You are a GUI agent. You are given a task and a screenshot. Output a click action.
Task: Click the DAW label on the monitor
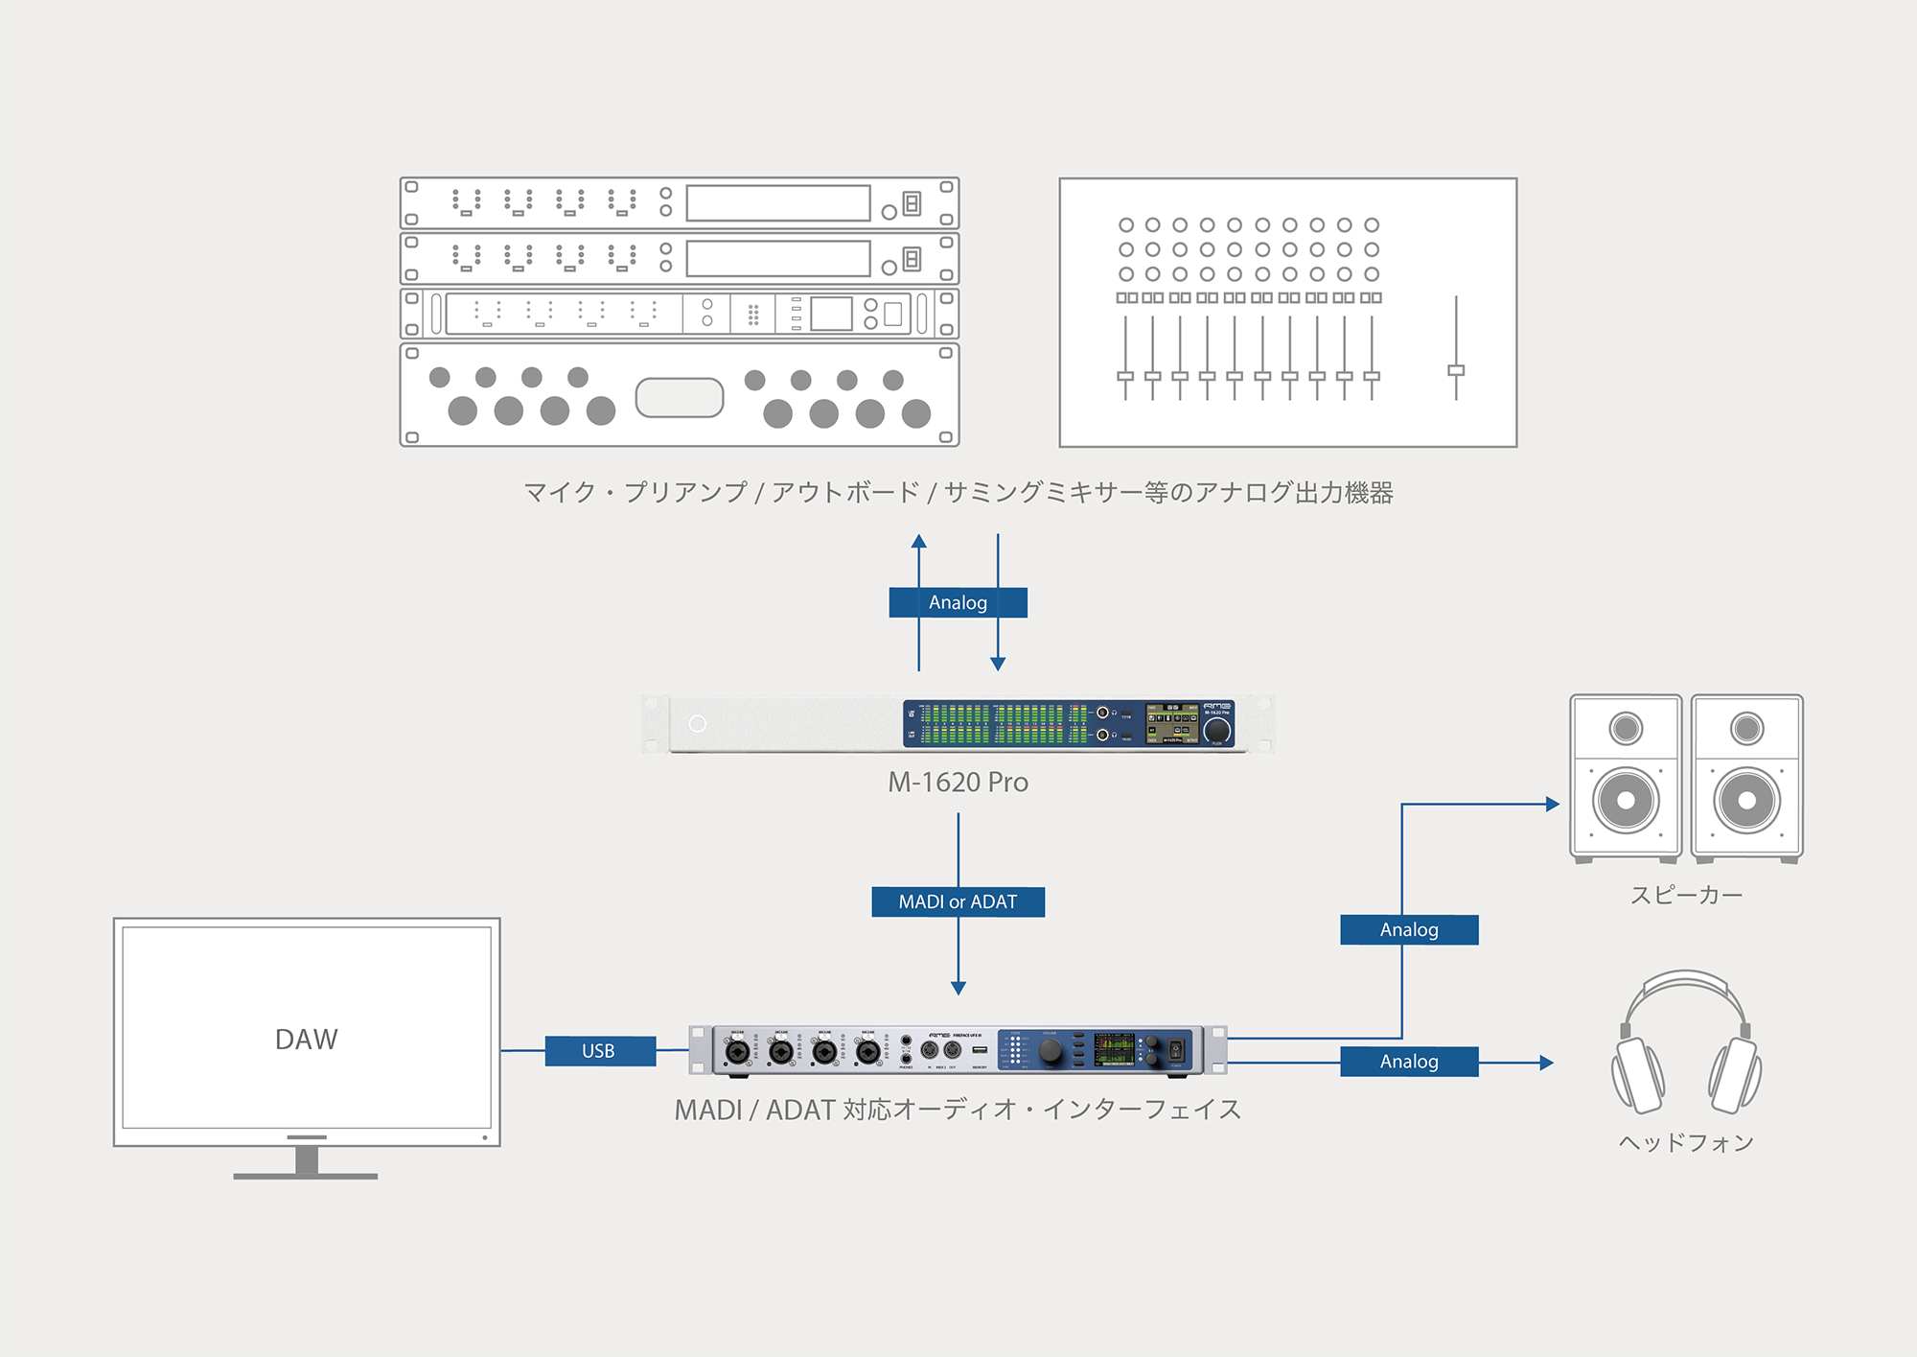(306, 1040)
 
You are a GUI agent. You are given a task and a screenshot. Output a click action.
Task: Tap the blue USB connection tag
(599, 1051)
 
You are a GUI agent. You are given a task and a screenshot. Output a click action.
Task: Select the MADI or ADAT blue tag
(958, 901)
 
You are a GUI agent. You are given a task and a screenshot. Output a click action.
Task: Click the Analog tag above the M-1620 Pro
(958, 602)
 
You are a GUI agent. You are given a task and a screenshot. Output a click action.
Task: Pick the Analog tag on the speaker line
(1409, 929)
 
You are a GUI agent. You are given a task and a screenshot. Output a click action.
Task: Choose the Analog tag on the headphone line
(1409, 1062)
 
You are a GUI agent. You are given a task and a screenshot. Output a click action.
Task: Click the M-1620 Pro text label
(958, 783)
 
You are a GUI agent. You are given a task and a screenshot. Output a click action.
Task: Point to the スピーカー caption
(1686, 896)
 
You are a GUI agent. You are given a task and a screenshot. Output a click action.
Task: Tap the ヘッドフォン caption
(1686, 1142)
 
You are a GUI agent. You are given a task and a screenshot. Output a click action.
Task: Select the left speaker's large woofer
(1626, 800)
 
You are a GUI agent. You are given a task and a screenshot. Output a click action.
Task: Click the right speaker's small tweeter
(1746, 729)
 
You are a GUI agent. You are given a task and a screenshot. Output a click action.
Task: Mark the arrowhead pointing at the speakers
(1553, 805)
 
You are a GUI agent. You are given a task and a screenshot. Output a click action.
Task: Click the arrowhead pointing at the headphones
(1546, 1063)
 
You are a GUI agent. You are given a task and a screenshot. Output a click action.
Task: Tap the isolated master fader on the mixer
(1456, 370)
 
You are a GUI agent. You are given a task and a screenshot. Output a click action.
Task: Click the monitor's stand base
(306, 1175)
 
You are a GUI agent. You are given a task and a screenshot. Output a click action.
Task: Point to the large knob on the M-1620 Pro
(1216, 731)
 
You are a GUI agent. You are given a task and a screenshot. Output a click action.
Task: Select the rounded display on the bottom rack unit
(679, 397)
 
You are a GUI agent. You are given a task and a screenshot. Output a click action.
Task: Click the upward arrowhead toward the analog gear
(919, 541)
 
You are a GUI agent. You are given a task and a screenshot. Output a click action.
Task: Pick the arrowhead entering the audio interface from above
(958, 988)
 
